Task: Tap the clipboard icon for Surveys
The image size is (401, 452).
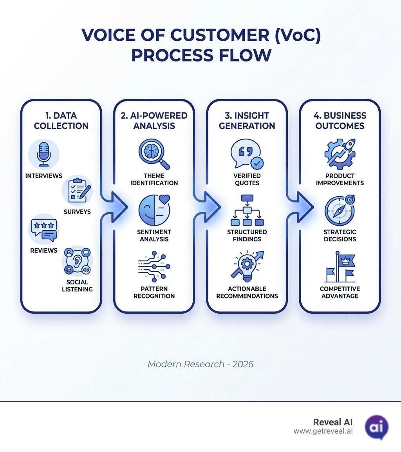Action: tap(78, 190)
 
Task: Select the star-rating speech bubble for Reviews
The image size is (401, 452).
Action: tap(44, 230)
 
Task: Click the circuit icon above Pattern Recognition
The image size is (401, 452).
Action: tap(154, 266)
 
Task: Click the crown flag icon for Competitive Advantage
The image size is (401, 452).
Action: tap(340, 266)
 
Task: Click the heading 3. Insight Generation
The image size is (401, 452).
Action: tap(247, 121)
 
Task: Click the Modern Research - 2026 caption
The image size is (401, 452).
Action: tap(200, 364)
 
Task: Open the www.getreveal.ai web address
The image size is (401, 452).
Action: tap(323, 431)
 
